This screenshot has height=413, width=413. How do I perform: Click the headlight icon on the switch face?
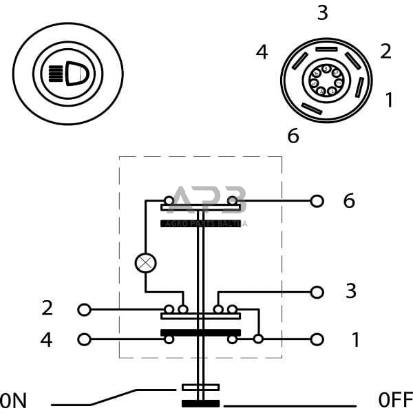67,72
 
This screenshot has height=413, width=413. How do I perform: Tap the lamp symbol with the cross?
145,262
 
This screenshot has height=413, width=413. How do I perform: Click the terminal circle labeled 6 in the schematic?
317,201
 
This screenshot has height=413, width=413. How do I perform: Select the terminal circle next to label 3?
317,292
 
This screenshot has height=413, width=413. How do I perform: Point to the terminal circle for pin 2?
84,310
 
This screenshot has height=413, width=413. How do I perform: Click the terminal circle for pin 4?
84,339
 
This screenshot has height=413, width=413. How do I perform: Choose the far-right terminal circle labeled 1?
317,339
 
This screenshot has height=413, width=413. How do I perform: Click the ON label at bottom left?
14,399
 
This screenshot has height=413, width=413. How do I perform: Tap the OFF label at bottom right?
395,399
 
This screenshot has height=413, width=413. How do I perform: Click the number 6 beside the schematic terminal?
349,201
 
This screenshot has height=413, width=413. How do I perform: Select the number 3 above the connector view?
323,13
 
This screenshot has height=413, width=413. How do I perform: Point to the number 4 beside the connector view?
262,52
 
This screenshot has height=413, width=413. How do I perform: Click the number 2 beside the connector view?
385,51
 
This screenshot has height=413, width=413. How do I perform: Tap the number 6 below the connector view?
293,136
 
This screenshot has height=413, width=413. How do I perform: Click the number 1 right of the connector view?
389,100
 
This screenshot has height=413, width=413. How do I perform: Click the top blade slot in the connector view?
326,50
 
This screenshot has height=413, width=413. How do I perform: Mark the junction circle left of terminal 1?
258,339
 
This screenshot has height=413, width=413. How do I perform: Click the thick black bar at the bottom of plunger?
200,403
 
